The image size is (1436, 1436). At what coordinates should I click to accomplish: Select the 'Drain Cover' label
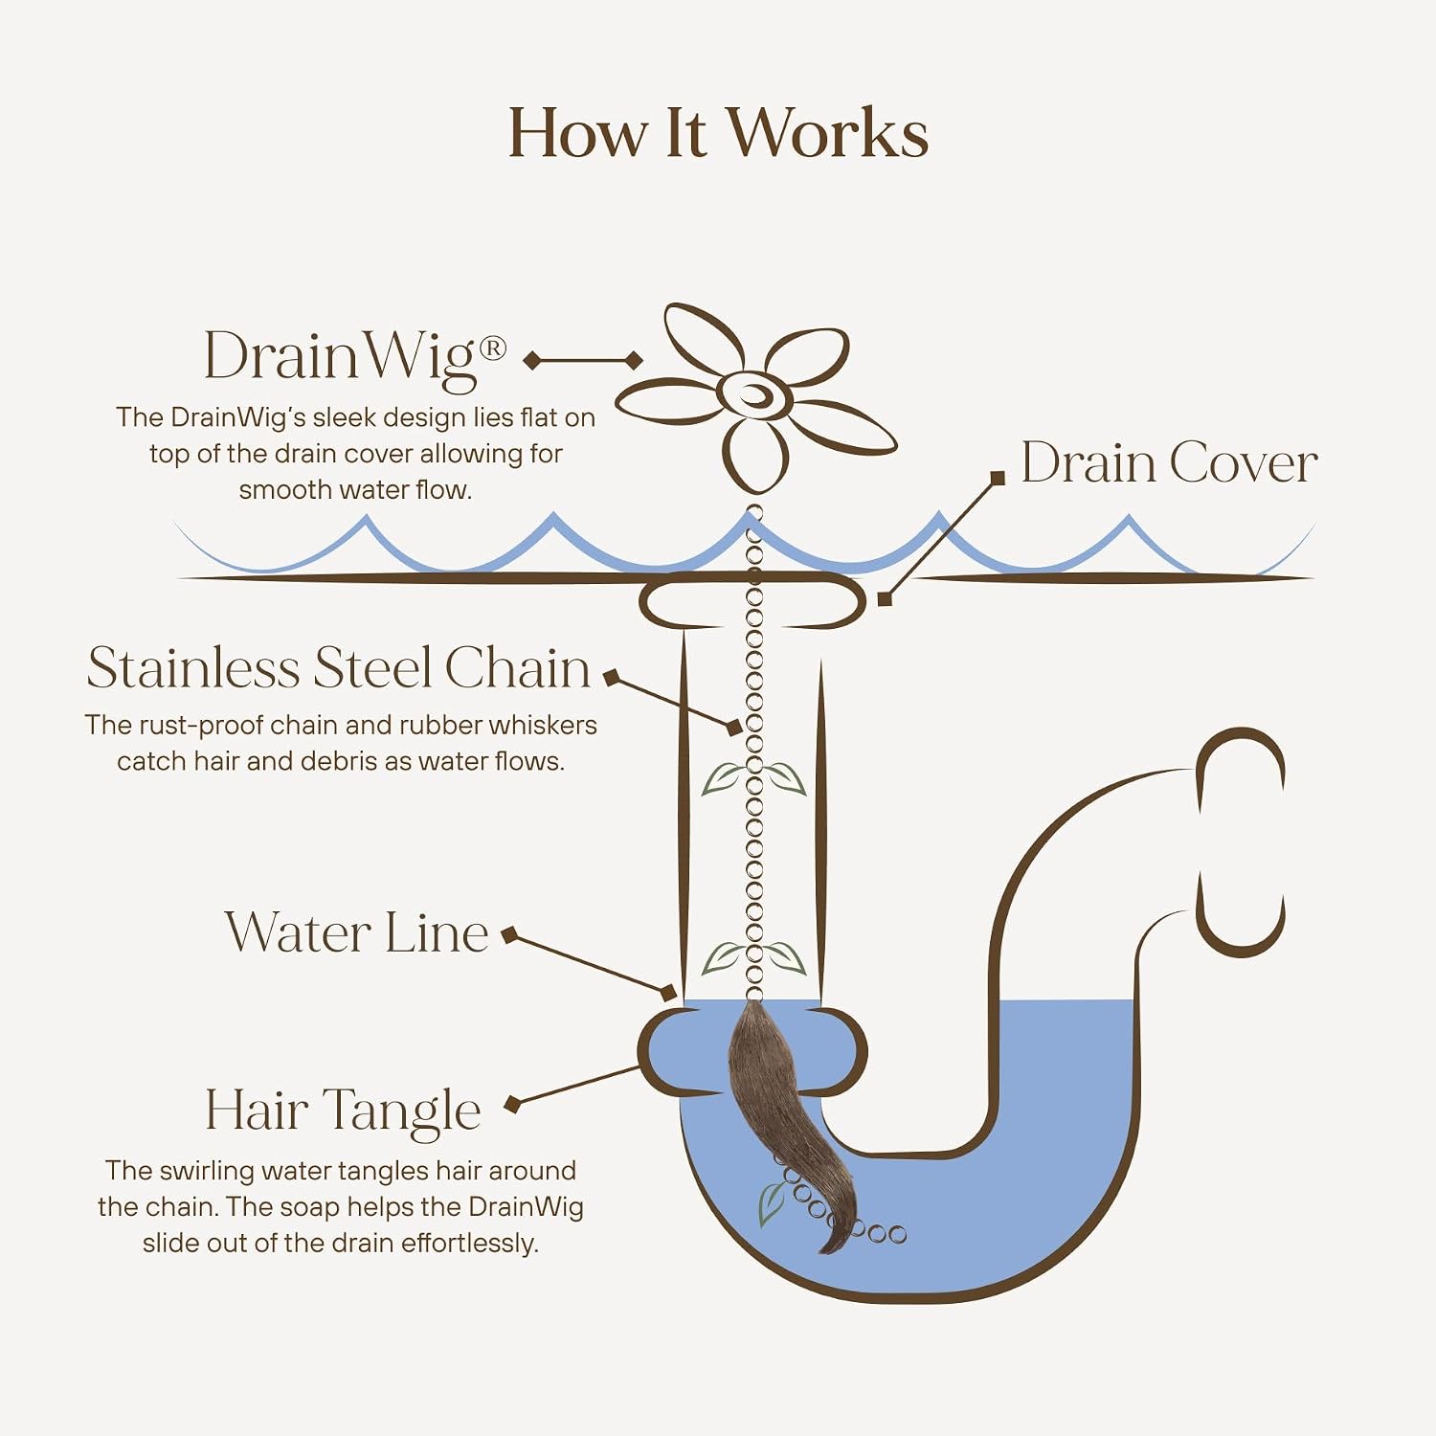1169,463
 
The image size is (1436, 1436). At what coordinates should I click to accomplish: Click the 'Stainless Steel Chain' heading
338,667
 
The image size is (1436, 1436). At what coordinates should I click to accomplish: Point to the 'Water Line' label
356,931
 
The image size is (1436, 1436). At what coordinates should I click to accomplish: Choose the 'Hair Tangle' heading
343,1111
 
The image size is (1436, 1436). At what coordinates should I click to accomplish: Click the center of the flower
754,393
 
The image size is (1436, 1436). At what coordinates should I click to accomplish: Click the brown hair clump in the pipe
780,1120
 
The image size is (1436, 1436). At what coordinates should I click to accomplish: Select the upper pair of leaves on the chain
754,778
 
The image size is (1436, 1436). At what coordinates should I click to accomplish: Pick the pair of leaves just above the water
754,957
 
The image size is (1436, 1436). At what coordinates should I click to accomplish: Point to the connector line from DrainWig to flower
583,360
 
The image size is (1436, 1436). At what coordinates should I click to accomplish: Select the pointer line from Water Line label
590,966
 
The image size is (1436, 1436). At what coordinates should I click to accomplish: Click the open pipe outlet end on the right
1242,842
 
